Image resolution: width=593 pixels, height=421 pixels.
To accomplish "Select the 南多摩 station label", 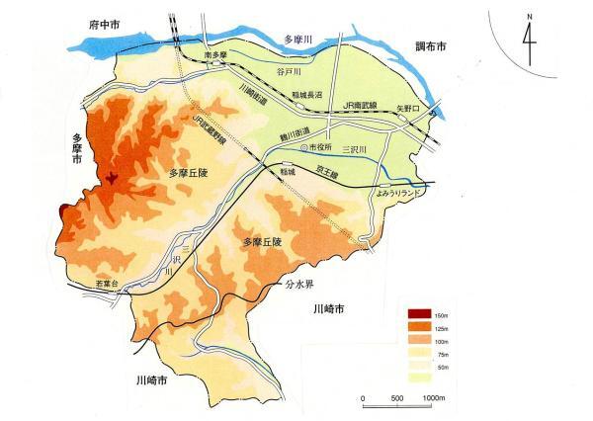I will (216, 55).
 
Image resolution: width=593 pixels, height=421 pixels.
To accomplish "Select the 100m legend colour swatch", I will (417, 340).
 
